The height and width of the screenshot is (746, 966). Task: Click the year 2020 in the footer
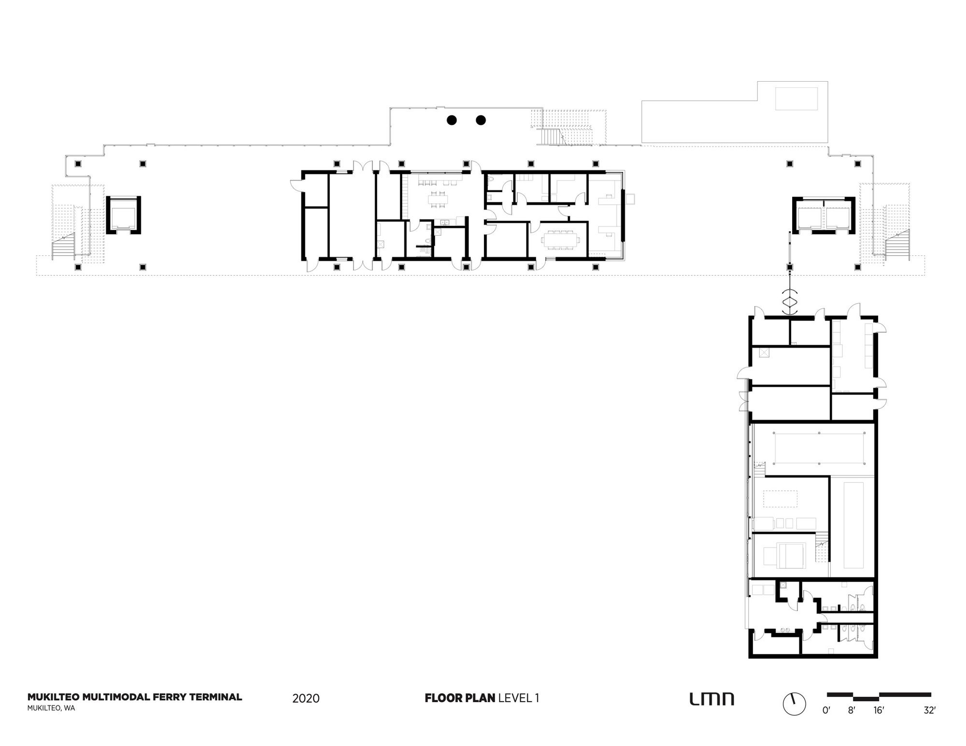[306, 698]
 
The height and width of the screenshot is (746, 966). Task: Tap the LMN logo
[711, 699]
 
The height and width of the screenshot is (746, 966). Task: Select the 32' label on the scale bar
[929, 710]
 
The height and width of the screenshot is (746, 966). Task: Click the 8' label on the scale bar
[852, 710]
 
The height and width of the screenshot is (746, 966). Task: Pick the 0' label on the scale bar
[826, 710]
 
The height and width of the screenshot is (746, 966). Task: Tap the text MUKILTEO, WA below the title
[51, 708]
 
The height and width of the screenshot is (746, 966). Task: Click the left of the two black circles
[452, 120]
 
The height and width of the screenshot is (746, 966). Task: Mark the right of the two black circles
[481, 120]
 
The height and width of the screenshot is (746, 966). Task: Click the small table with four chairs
[439, 199]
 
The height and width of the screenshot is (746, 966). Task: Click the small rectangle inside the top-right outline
[796, 99]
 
